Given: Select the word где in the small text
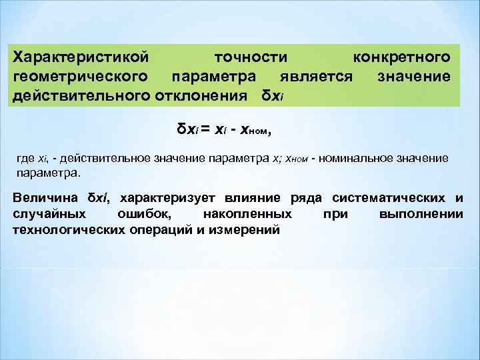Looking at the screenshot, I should [x=25, y=159].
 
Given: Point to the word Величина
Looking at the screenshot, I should [x=47, y=198].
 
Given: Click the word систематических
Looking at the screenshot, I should [x=389, y=198].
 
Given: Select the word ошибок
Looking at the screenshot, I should [x=153, y=214].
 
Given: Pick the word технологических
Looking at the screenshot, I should [x=73, y=230].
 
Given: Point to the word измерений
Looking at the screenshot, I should [x=247, y=230].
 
